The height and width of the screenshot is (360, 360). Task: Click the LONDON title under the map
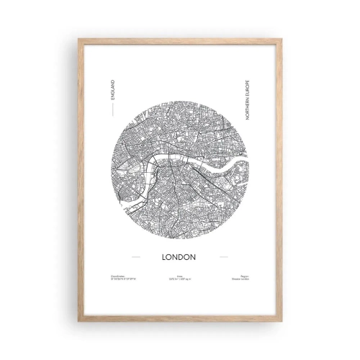pyautogui.click(x=180, y=256)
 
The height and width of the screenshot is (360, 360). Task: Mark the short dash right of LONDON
pyautogui.click(x=224, y=256)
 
